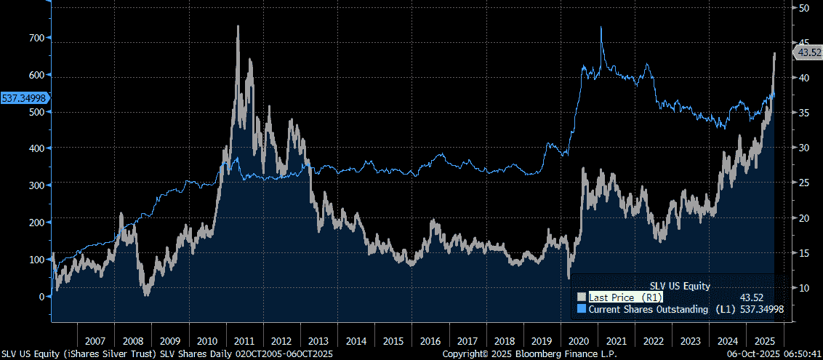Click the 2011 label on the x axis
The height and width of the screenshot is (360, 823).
point(244,340)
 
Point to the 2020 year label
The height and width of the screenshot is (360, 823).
point(579,340)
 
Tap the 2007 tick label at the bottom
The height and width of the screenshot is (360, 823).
point(95,340)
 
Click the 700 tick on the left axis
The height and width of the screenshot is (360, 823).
point(36,37)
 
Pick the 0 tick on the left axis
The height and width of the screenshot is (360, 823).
point(41,296)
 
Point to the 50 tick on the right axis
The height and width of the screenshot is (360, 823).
point(804,8)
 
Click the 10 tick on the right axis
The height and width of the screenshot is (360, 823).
point(804,288)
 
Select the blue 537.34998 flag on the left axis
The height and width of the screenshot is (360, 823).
point(25,97)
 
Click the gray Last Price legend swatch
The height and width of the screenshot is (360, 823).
point(581,297)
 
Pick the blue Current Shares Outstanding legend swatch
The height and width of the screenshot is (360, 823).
point(581,310)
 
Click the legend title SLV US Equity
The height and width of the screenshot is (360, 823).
point(679,286)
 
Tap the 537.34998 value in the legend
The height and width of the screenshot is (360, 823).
point(761,310)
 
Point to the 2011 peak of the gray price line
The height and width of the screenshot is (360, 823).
point(238,27)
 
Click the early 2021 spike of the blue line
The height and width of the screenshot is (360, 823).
point(601,28)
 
